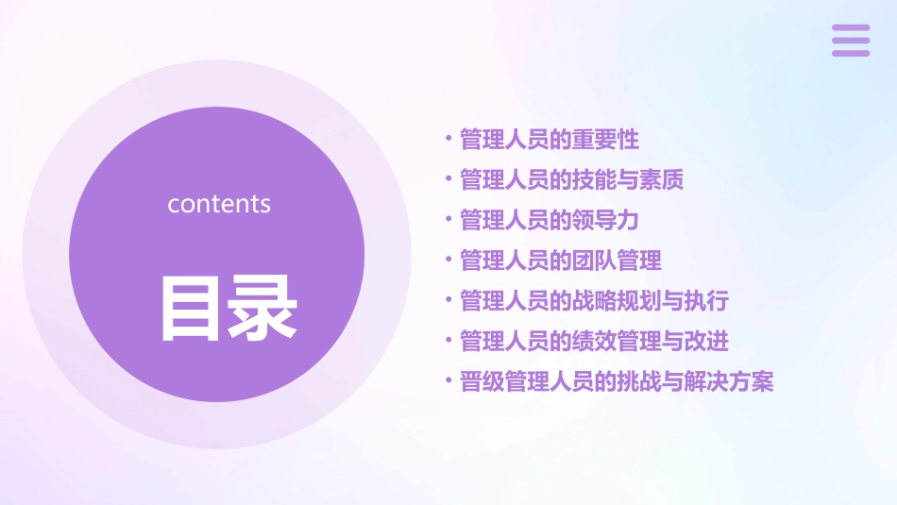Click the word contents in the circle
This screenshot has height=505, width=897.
click(x=219, y=204)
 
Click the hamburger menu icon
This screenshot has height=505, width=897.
click(x=850, y=41)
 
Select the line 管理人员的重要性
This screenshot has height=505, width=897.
click(x=549, y=140)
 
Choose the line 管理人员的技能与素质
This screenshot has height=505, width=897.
click(x=571, y=179)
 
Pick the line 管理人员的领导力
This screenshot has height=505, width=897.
click(x=549, y=220)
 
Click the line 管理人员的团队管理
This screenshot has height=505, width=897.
click(x=560, y=261)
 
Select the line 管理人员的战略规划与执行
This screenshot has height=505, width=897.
click(x=594, y=301)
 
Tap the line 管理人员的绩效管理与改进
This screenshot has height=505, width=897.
click(x=594, y=341)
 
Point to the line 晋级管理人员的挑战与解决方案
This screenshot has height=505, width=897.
click(x=617, y=381)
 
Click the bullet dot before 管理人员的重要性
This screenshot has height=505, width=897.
click(x=449, y=140)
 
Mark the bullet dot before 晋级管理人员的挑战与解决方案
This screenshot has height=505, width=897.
click(x=449, y=381)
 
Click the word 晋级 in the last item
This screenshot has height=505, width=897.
click(x=482, y=381)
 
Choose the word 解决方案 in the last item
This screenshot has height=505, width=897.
click(x=730, y=381)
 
